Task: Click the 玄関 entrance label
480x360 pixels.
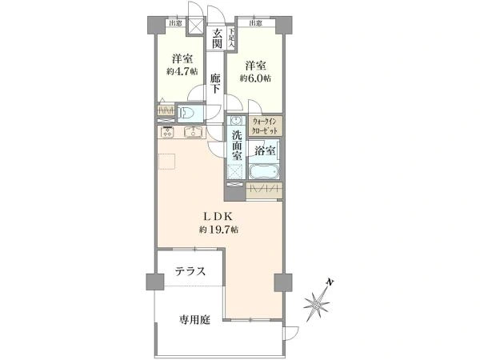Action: [218, 39]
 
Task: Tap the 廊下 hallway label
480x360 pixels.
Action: [216, 84]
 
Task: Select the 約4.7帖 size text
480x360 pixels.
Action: [180, 71]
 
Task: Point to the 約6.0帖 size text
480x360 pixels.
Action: [255, 78]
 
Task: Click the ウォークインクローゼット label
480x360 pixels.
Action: [266, 126]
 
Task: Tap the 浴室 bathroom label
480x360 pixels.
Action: [264, 150]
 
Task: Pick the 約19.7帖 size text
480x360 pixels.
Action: [218, 230]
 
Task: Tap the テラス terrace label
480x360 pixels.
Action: [190, 272]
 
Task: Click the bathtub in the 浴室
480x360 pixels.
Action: [263, 171]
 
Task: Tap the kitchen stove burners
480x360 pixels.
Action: [168, 133]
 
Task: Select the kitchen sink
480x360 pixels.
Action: [192, 133]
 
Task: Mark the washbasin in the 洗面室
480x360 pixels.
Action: [236, 122]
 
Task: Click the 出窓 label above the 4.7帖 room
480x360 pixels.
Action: [174, 24]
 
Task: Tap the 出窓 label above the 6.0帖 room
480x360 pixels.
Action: [254, 24]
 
